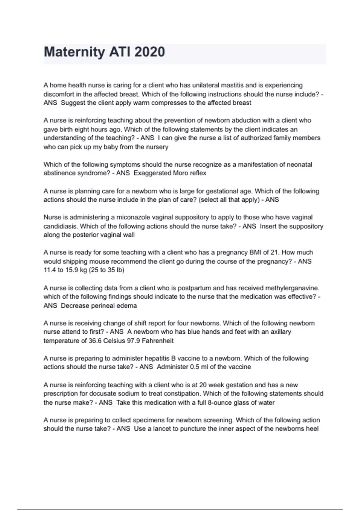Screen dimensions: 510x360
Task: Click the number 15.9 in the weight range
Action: (x=72, y=270)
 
